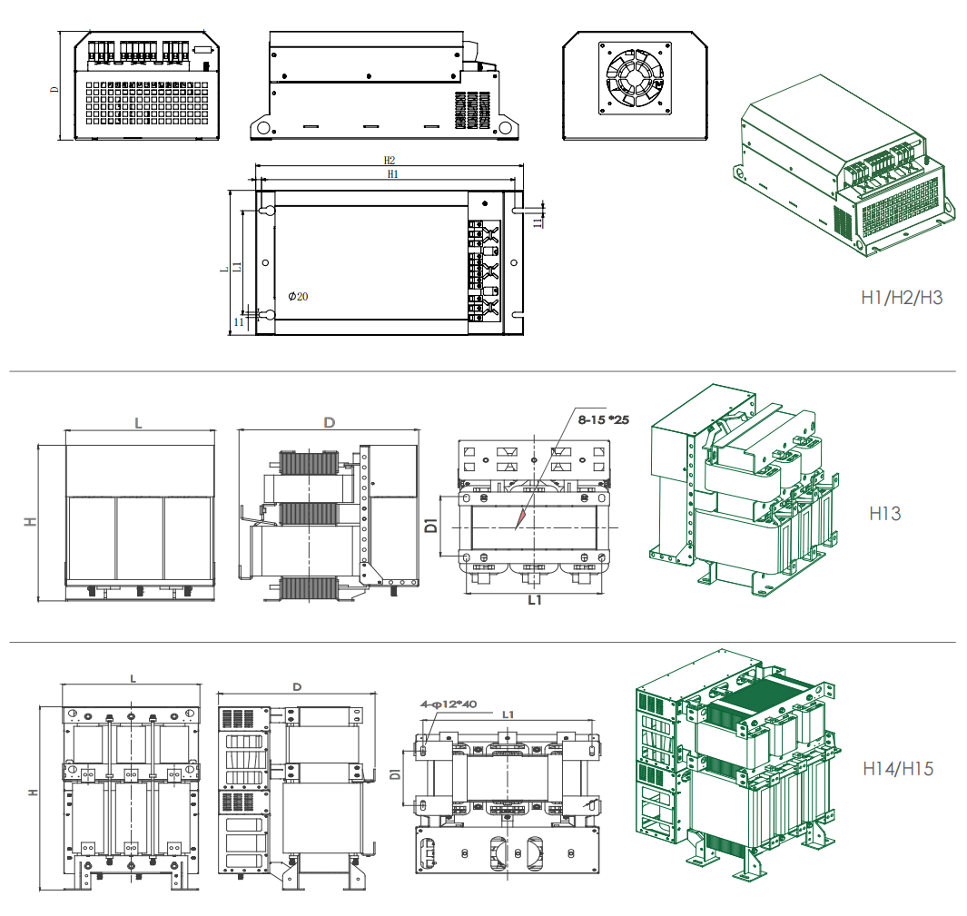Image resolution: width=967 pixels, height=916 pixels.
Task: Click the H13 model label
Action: pyautogui.click(x=884, y=513)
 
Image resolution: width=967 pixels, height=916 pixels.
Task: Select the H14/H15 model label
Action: pyautogui.click(x=897, y=769)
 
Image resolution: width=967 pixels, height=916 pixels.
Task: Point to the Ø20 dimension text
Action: pyautogui.click(x=298, y=297)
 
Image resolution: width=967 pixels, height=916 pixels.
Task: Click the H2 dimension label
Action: pyautogui.click(x=390, y=160)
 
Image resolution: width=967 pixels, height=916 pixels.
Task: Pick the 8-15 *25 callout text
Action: pyautogui.click(x=604, y=419)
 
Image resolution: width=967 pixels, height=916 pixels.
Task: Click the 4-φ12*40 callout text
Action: pyautogui.click(x=449, y=704)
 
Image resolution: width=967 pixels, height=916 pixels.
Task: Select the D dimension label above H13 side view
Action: pyautogui.click(x=329, y=423)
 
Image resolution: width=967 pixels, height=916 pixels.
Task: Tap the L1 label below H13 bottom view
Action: pyautogui.click(x=535, y=601)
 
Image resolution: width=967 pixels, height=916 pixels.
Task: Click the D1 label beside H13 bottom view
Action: pyautogui.click(x=432, y=525)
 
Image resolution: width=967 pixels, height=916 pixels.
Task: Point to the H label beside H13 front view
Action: pyautogui.click(x=31, y=522)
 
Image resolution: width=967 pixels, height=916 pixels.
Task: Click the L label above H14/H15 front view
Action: pyautogui.click(x=133, y=677)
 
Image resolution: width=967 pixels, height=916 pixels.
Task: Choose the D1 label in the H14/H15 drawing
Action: pyautogui.click(x=396, y=775)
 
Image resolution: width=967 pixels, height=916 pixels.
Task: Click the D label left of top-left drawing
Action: pyautogui.click(x=54, y=88)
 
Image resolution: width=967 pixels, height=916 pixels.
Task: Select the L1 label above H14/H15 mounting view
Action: pyautogui.click(x=508, y=714)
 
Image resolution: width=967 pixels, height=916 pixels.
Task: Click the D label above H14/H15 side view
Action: pyautogui.click(x=297, y=686)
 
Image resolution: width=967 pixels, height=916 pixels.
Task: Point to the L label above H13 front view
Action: pyautogui.click(x=138, y=423)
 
